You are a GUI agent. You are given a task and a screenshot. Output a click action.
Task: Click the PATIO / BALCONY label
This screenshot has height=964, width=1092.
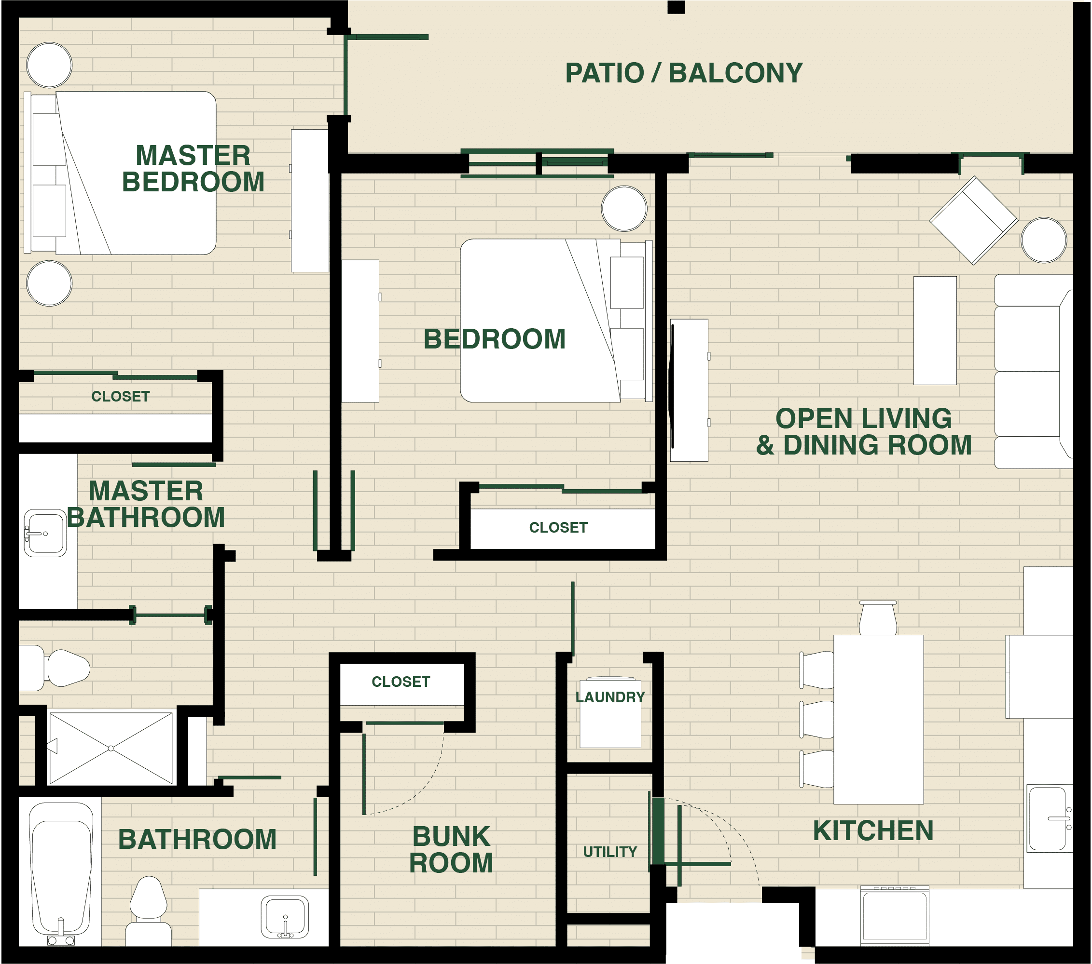tap(683, 73)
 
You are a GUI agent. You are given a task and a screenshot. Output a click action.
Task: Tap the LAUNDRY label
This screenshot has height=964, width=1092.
tap(609, 697)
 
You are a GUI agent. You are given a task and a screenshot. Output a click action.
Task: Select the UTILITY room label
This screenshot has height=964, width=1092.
tap(609, 852)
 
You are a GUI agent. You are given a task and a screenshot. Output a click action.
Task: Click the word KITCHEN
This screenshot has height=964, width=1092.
tap(873, 831)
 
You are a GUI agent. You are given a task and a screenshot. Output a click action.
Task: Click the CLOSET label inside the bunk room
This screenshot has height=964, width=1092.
tap(401, 682)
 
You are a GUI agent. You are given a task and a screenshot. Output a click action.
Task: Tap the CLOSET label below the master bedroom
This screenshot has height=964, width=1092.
tap(120, 396)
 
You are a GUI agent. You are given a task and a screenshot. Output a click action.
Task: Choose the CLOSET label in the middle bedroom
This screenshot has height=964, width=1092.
tap(558, 527)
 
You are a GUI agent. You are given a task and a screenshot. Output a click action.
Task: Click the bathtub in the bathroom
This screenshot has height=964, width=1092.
tap(61, 870)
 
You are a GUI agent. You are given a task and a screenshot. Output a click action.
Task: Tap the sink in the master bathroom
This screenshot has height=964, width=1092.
tap(45, 533)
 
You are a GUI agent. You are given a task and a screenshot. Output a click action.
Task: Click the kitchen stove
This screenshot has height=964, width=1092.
tap(894, 916)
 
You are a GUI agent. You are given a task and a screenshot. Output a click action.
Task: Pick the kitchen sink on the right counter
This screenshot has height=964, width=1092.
tap(1048, 818)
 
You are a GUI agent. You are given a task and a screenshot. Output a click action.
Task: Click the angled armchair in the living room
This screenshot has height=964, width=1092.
tap(973, 220)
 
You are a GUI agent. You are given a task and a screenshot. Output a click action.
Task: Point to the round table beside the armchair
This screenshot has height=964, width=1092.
tap(1043, 240)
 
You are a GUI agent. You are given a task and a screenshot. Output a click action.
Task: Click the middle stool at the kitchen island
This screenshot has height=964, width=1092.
tap(817, 720)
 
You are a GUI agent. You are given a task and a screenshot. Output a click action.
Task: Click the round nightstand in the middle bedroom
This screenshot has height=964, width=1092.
tap(624, 208)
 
